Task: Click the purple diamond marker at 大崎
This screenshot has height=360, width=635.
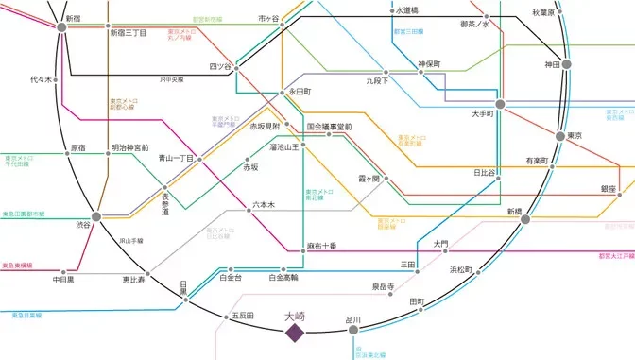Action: (x=295, y=334)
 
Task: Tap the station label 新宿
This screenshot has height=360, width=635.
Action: (x=73, y=18)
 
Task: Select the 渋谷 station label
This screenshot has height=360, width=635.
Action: (x=82, y=225)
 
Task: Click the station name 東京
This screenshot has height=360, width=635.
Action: (x=573, y=136)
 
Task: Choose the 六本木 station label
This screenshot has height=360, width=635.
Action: (x=263, y=204)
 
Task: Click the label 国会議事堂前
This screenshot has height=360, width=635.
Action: (x=329, y=126)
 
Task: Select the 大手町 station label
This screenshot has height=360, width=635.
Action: (x=484, y=113)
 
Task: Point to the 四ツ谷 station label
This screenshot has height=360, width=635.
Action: (x=219, y=66)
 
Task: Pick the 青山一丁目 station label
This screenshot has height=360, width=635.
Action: (x=176, y=159)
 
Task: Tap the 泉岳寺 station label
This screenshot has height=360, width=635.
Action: (x=383, y=285)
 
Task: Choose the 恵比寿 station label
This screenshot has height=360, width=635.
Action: (x=133, y=280)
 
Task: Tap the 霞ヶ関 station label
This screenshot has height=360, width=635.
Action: (x=369, y=178)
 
